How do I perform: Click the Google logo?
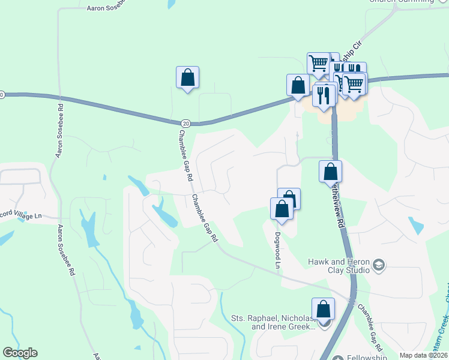[20, 353]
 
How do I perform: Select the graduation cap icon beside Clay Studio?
[379, 265]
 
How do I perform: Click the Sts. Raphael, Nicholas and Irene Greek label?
[273, 322]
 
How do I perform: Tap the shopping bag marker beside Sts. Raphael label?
[323, 310]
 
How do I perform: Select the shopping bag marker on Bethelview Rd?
[330, 172]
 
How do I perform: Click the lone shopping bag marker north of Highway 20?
[187, 78]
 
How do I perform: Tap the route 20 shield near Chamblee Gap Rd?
[186, 123]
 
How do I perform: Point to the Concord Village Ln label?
[22, 216]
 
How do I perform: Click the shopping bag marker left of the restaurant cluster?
[298, 86]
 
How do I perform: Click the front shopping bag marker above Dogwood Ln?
[282, 209]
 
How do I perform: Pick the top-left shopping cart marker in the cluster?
[318, 64]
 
